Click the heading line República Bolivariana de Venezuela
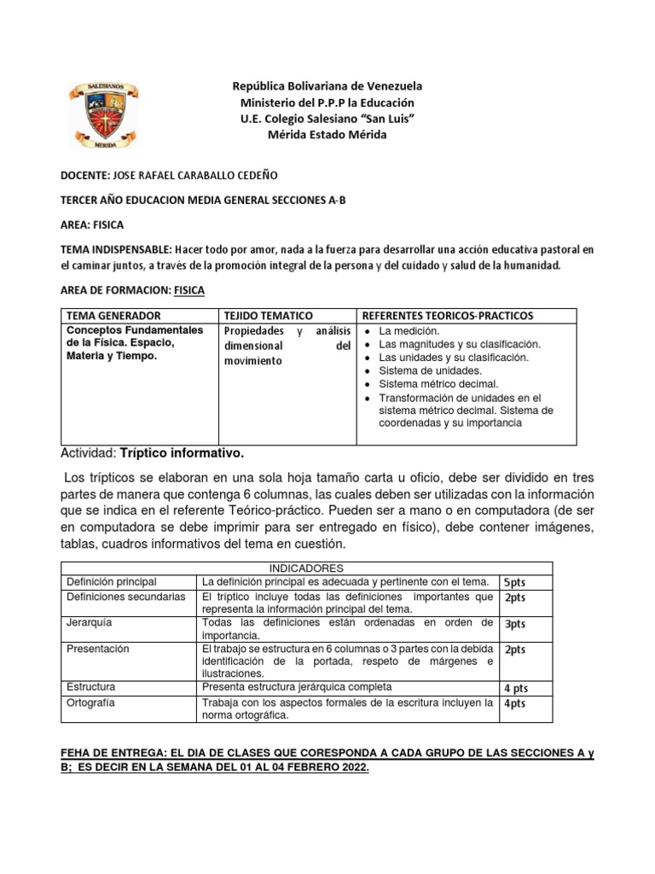(x=327, y=86)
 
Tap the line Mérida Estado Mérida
(x=327, y=135)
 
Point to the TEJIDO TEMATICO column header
(x=268, y=316)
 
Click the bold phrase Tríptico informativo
(x=183, y=452)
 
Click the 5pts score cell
(x=515, y=582)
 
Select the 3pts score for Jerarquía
(x=515, y=624)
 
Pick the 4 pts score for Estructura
(x=516, y=688)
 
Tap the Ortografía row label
(x=91, y=703)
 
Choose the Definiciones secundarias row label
(x=125, y=597)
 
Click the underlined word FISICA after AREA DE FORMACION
(x=188, y=290)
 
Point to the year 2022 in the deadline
(x=351, y=767)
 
